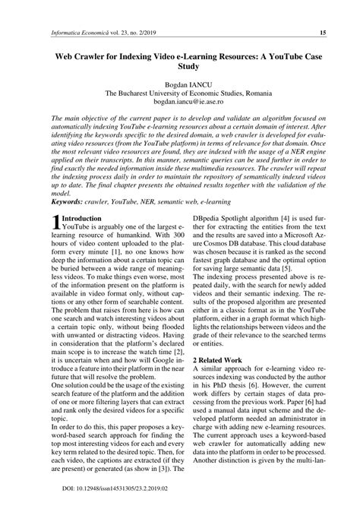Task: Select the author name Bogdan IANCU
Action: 179,85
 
